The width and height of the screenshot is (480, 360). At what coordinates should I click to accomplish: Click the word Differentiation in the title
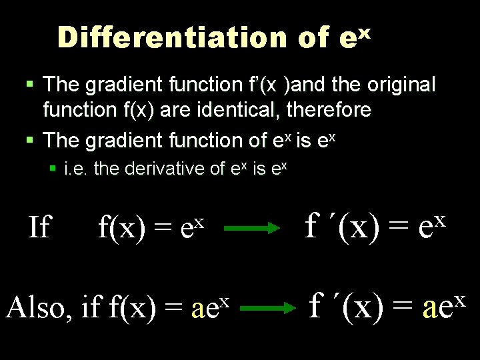coord(172,38)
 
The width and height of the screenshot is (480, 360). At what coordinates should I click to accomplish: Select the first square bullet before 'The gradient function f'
coord(29,85)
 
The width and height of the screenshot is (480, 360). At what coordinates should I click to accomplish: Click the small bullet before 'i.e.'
coord(53,169)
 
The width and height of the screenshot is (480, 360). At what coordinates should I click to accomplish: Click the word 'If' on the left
coord(39,228)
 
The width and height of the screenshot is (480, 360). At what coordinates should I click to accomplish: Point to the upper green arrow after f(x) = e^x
coord(251,229)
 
